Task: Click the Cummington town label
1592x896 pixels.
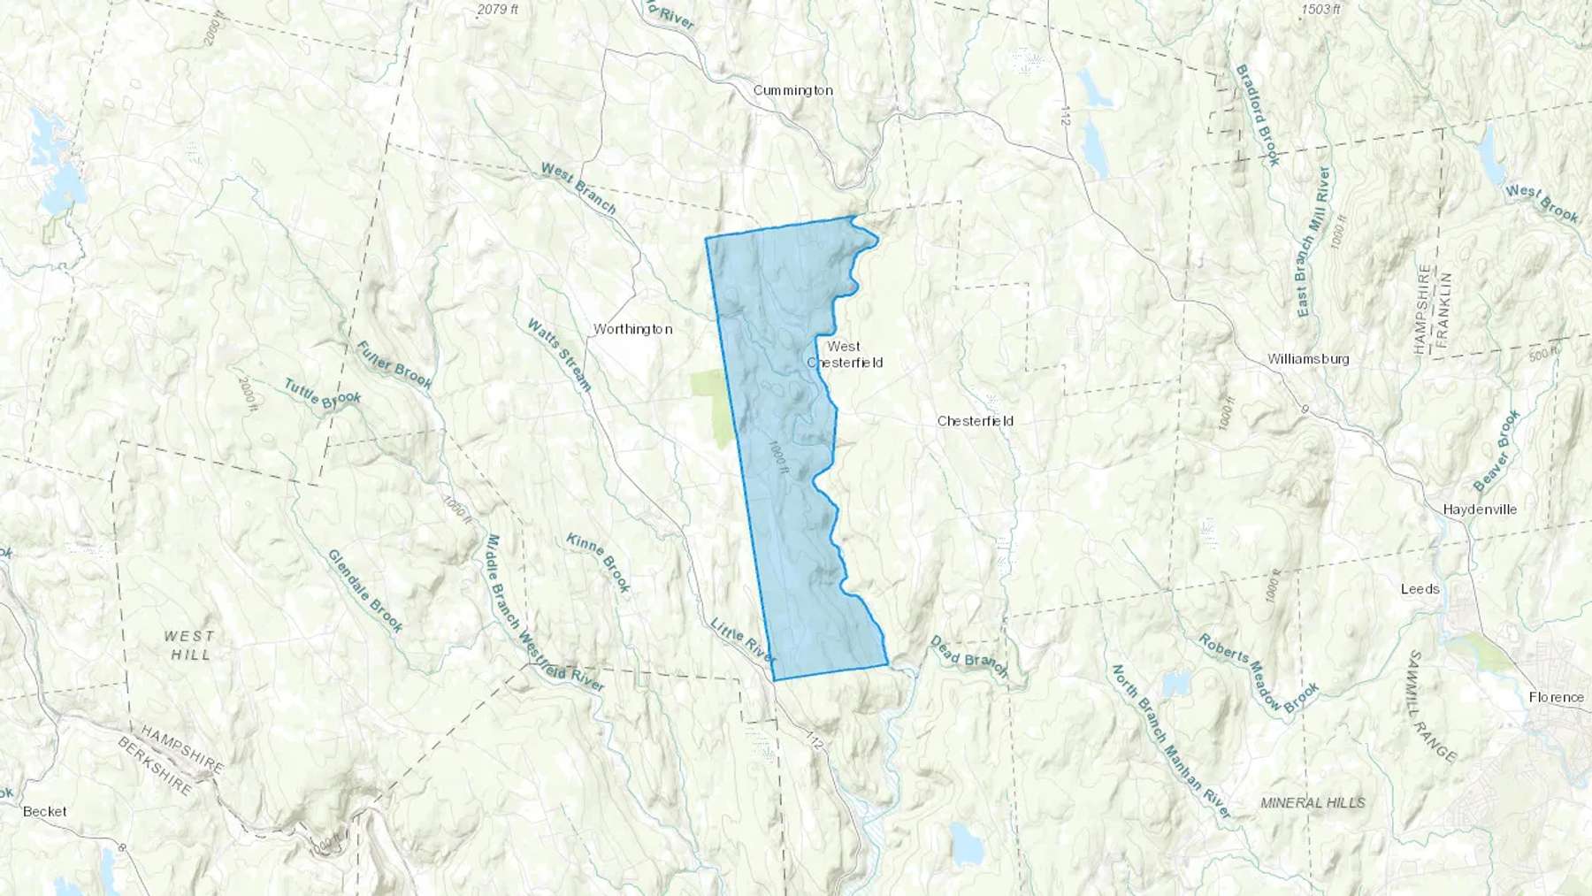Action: tap(792, 90)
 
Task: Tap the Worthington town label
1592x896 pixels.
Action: tap(632, 329)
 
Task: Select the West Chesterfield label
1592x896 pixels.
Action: tap(844, 355)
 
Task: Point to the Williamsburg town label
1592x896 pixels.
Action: tap(1308, 359)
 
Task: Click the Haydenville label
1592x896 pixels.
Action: tap(1480, 509)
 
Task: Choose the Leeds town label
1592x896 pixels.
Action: tap(1420, 589)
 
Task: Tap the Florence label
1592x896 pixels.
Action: tap(1557, 697)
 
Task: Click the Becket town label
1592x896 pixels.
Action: tap(45, 811)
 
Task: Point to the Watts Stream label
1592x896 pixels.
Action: tap(558, 355)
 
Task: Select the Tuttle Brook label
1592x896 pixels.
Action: tap(323, 394)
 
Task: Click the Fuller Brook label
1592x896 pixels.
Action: tap(394, 364)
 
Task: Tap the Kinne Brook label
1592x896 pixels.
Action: tap(599, 563)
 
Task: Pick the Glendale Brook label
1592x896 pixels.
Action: tap(365, 591)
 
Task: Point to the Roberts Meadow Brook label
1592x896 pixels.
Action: tap(1259, 673)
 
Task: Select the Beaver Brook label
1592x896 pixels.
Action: tap(1496, 450)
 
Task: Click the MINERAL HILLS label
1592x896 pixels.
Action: tap(1313, 803)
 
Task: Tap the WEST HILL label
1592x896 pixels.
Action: tap(188, 645)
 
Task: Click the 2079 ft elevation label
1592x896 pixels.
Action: tap(497, 10)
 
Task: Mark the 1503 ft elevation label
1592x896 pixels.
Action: tap(1321, 10)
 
